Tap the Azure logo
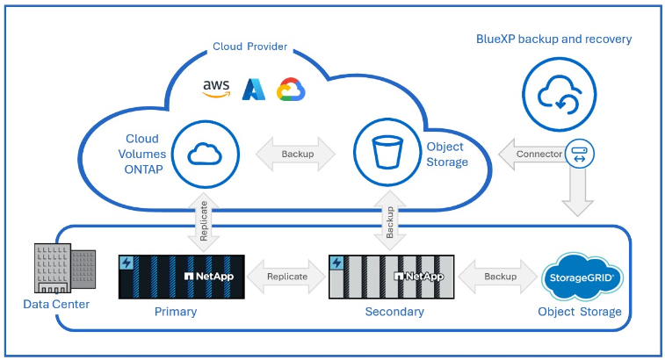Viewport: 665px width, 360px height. pyautogui.click(x=254, y=88)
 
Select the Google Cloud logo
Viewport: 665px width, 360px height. pyautogui.click(x=291, y=89)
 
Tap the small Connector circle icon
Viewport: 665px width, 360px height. pyautogui.click(x=581, y=154)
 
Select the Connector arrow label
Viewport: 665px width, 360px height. pyautogui.click(x=533, y=155)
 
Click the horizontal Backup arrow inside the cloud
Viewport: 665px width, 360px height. pyautogui.click(x=296, y=155)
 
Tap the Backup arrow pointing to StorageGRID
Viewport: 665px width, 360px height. pyautogui.click(x=499, y=277)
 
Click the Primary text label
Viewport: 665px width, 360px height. pyautogui.click(x=175, y=312)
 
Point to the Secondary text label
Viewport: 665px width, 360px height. pyautogui.click(x=394, y=312)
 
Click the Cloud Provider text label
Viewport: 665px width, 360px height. pyautogui.click(x=249, y=47)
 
